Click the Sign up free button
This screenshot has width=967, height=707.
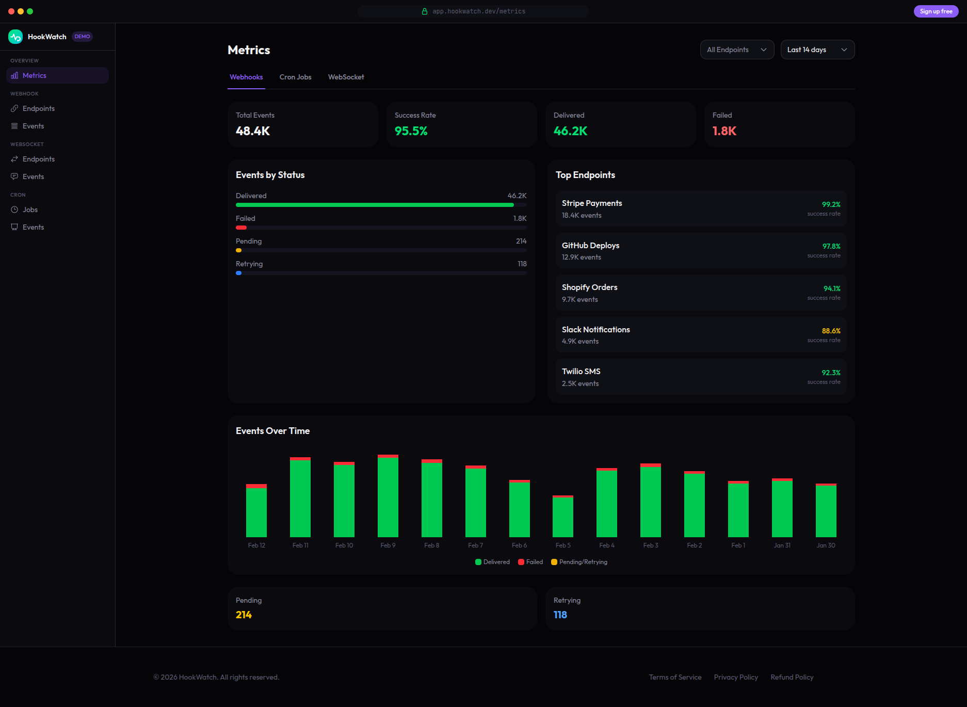point(936,11)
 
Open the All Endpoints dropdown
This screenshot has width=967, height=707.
point(736,50)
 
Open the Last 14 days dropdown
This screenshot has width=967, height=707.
point(817,50)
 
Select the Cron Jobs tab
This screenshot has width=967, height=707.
point(295,77)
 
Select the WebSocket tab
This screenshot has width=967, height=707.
point(346,77)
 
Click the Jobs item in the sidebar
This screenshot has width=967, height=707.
point(30,210)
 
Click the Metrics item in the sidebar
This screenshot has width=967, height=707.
point(34,75)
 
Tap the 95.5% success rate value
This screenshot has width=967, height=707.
point(411,131)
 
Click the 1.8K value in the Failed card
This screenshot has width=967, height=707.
point(724,131)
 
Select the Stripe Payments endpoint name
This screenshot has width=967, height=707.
point(591,203)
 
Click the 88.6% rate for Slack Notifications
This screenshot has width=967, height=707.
point(831,331)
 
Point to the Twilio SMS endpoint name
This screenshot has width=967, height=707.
point(581,372)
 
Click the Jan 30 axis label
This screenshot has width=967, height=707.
point(826,545)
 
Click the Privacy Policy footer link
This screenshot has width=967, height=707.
point(736,677)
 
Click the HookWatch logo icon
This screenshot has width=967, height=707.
point(15,37)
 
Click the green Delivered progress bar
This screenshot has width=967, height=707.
point(374,205)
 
